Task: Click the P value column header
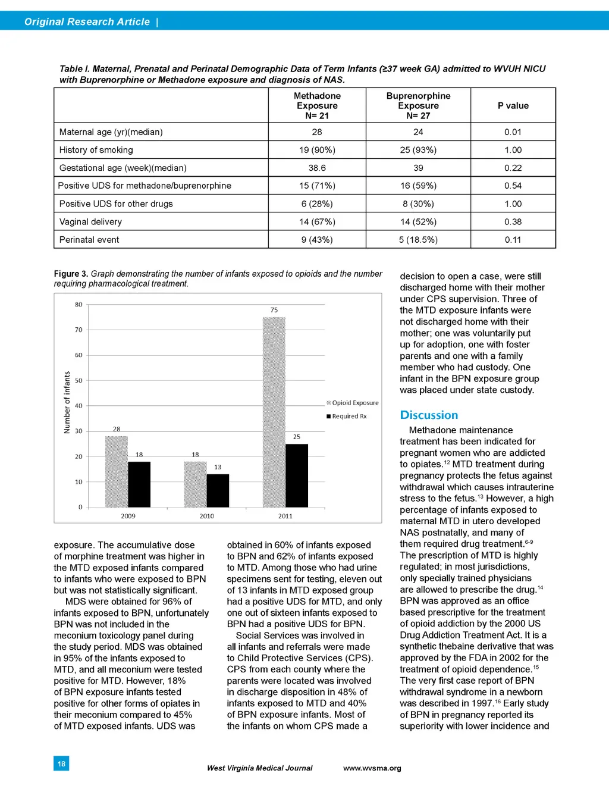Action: pos(513,106)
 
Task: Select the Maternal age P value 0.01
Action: pos(513,132)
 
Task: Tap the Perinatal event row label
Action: pos(89,240)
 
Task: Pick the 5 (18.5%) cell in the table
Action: pos(418,240)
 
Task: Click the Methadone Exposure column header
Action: pos(317,105)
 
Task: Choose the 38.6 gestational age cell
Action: pos(317,168)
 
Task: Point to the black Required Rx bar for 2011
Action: pos(297,475)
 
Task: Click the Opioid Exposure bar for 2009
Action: pos(117,471)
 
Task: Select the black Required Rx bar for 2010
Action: pos(218,490)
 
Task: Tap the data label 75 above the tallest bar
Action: pos(274,310)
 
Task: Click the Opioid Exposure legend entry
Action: pos(353,403)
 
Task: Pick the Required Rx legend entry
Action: pos(347,417)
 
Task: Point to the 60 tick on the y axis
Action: pos(79,355)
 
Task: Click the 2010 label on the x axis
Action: pos(206,516)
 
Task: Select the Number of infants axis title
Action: pos(67,402)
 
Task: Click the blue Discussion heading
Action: pos(429,415)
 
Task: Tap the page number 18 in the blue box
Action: pos(61,763)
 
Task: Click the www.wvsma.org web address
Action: pos(372,768)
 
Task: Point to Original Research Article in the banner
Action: pos(87,21)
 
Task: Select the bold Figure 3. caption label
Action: pos(71,274)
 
